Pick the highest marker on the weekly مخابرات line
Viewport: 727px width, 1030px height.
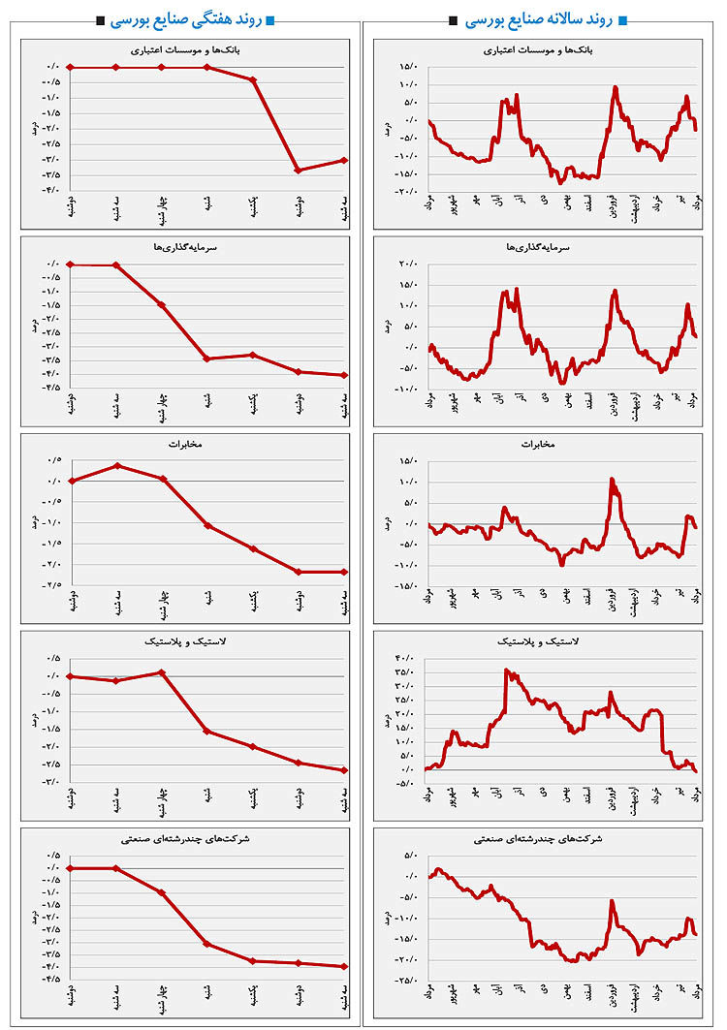tap(116, 465)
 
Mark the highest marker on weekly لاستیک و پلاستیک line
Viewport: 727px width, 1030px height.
tap(162, 672)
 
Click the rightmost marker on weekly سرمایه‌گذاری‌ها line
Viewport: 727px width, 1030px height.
tap(345, 375)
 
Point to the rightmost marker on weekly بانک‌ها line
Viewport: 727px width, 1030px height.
tap(345, 160)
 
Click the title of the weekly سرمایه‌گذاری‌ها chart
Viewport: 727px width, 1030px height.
tap(185, 247)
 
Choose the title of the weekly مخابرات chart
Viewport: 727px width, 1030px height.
tap(185, 445)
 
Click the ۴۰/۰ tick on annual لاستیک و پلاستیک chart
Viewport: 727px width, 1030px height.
tap(406, 658)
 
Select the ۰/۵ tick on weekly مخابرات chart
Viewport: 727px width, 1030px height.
tap(52, 460)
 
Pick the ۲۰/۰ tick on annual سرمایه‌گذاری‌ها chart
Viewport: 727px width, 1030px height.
tap(406, 264)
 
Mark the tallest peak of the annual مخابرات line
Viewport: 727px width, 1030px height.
tap(612, 479)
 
